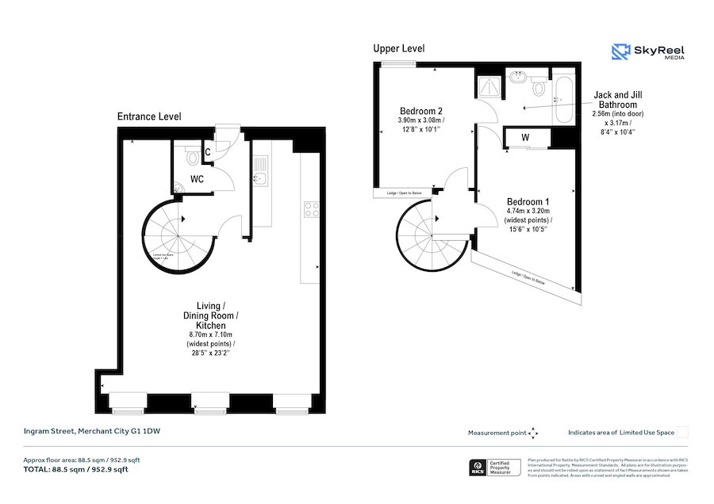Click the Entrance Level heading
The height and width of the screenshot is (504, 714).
point(149,116)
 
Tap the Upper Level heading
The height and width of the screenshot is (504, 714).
point(399,48)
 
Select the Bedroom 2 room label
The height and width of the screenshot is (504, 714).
point(420,110)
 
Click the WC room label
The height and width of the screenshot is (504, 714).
point(196,179)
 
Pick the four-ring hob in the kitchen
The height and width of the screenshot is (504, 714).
point(312,210)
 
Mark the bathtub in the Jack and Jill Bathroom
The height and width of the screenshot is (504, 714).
point(563,100)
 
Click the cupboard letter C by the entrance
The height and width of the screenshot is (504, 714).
point(207,151)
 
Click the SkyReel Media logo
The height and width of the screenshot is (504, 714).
point(648,52)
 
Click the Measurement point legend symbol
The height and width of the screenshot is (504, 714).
point(533,433)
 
